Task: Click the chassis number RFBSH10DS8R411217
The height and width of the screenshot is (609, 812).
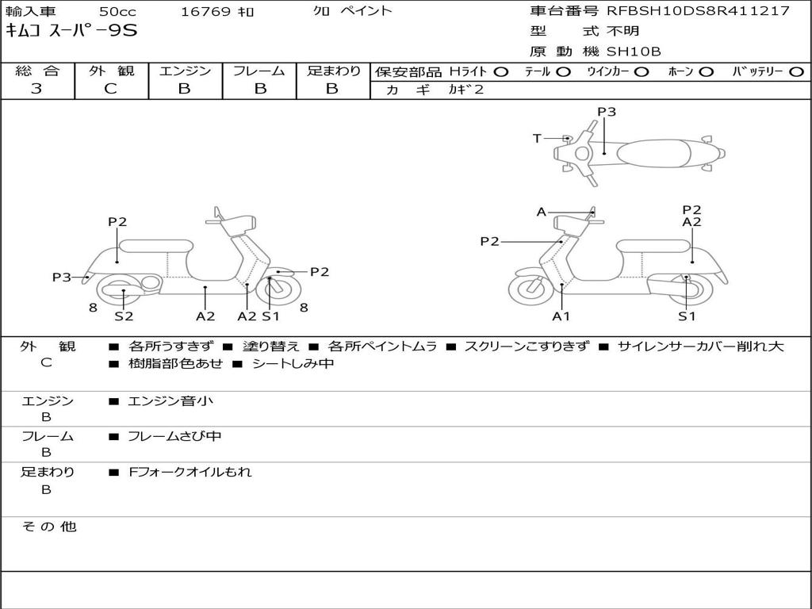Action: pos(698,11)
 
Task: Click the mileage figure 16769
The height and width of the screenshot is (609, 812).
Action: pos(205,11)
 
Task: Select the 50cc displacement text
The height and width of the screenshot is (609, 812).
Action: pos(117,11)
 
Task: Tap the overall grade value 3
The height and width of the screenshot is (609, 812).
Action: pos(36,89)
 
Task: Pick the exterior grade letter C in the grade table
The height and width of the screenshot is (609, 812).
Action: pos(111,89)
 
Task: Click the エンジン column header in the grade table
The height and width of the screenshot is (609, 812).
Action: pos(185,71)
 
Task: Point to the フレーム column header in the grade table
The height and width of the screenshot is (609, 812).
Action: pos(259,71)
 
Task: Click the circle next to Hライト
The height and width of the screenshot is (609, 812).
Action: pos(501,72)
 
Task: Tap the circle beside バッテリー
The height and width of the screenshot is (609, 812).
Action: pos(796,72)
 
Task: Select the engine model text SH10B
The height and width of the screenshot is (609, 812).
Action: pos(634,52)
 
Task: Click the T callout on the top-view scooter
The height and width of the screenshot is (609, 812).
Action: pos(537,139)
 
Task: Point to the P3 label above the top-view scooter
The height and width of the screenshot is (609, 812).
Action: pos(607,112)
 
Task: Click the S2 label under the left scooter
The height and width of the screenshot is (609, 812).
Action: pos(124,316)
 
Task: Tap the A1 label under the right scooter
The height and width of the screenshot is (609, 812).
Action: pos(561,316)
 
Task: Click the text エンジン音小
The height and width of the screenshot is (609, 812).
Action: pos(170,401)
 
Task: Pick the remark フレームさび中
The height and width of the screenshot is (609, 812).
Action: pos(174,436)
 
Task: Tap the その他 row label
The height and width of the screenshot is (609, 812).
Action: pos(48,527)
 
